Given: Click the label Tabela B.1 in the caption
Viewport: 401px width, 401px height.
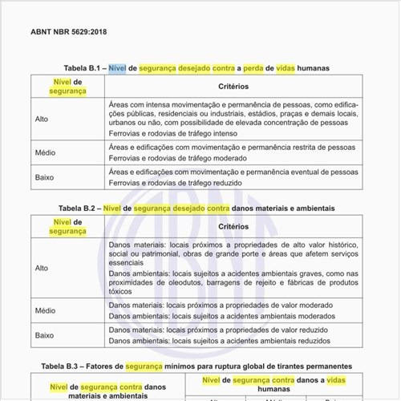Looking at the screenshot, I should pyautogui.click(x=81, y=68).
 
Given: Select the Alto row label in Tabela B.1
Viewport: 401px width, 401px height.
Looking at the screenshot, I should pyautogui.click(x=42, y=119).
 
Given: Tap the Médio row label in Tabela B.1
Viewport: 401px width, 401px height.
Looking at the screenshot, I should pyautogui.click(x=45, y=152).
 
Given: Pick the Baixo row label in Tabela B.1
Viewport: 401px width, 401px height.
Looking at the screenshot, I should pyautogui.click(x=45, y=177).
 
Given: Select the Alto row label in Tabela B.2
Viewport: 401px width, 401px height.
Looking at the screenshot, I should pyautogui.click(x=42, y=268).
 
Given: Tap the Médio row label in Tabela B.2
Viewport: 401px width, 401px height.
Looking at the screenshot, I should pyautogui.click(x=45, y=310).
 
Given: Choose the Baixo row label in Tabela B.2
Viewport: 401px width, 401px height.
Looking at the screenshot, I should pyautogui.click(x=45, y=335).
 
